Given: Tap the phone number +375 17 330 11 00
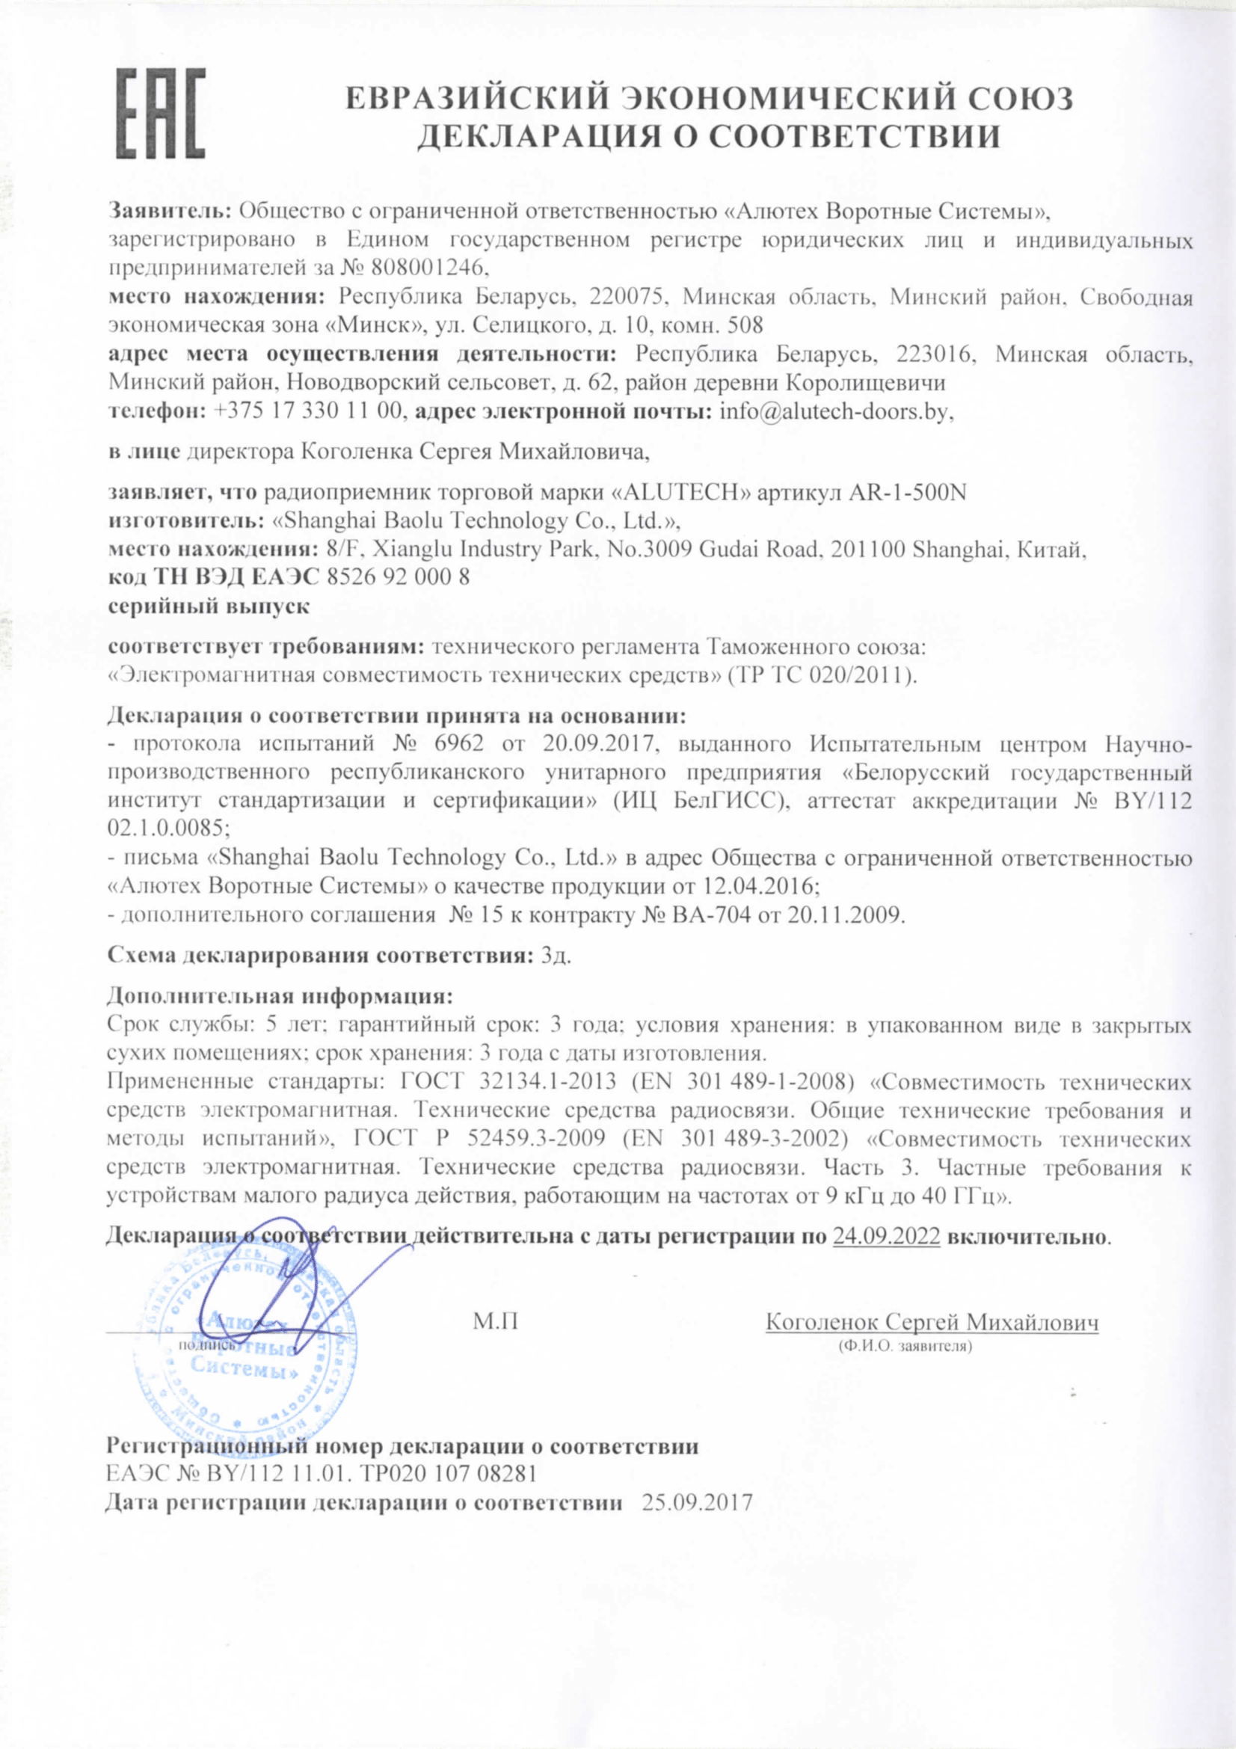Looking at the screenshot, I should pos(307,412).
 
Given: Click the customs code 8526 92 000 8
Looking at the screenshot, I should pos(397,577).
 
